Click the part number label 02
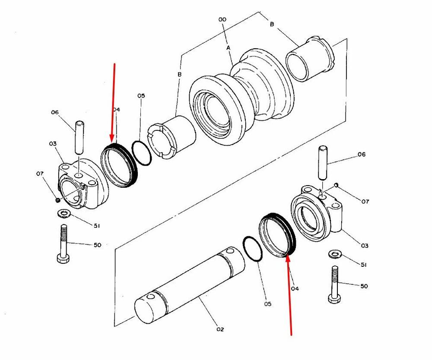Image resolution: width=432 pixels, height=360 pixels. coord(220,329)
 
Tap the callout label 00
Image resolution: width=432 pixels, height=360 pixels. coord(222,19)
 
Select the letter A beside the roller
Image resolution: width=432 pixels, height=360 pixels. coord(229,47)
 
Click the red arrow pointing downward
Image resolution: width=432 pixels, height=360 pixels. coord(113,102)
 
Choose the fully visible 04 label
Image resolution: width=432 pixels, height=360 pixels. coord(295,288)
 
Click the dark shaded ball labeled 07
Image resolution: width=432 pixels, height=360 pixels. coord(57,200)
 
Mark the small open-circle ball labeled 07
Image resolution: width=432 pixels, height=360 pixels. coord(336,185)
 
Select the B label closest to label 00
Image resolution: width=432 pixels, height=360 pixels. coord(272,24)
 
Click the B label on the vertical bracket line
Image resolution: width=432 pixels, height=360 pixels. coord(179,74)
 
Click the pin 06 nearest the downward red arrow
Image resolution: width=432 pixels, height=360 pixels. coord(79,138)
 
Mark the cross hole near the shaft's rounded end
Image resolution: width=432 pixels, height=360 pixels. coord(151,297)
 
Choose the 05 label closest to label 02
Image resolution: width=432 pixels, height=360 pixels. coord(267,304)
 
